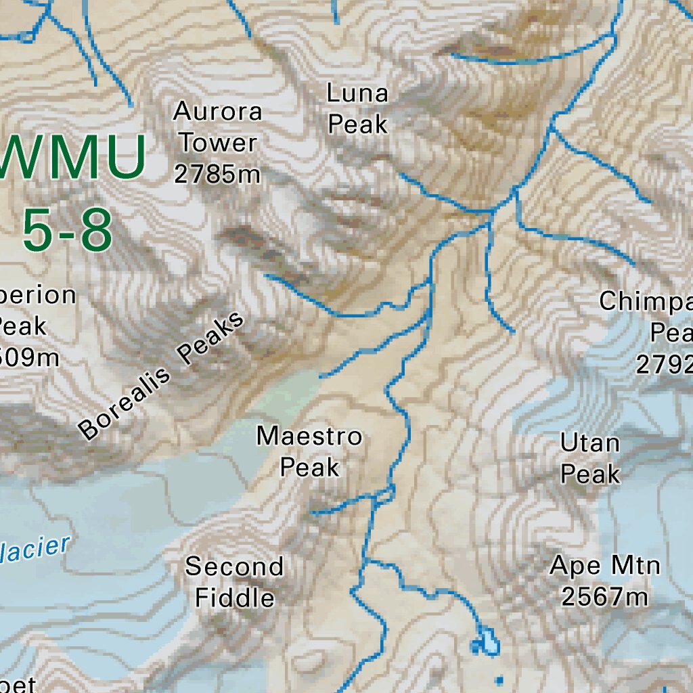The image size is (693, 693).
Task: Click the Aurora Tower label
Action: pos(217,127)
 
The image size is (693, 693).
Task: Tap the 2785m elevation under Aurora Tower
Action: pos(217,175)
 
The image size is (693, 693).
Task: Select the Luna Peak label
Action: pos(357,108)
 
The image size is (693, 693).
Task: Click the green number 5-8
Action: pos(66,229)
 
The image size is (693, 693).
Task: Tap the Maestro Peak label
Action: pos(309,451)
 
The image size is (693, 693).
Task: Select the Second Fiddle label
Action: pos(234,582)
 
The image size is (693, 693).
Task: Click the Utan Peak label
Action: pos(590,459)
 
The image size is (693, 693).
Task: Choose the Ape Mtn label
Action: pos(604,565)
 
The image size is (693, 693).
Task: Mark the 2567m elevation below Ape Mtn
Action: pos(604,597)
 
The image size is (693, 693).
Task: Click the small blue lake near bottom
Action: pos(487,642)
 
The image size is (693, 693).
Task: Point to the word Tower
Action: pos(218,143)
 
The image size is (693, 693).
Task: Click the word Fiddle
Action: pos(234,598)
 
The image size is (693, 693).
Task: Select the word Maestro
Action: pos(309,436)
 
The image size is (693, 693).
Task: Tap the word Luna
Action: pos(357,93)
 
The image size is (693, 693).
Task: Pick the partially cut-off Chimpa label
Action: pos(646,301)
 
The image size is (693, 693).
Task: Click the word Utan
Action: pos(590,443)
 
